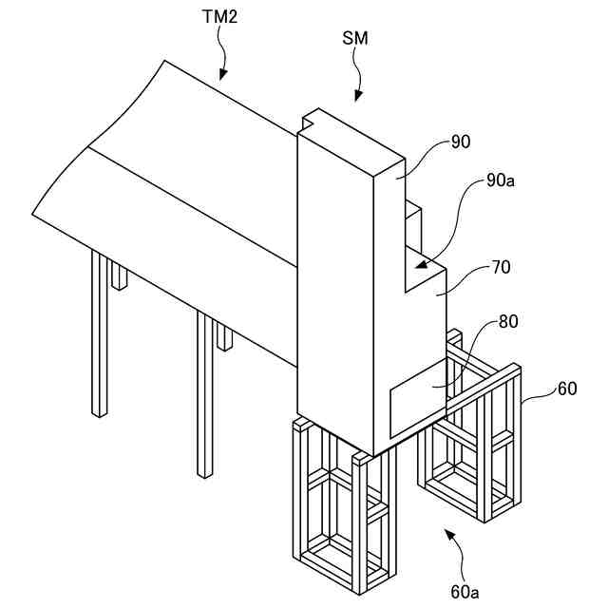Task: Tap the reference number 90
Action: pyautogui.click(x=462, y=142)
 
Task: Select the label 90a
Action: pyautogui.click(x=500, y=180)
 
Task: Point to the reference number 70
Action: pyautogui.click(x=501, y=267)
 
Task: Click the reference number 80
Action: pyautogui.click(x=508, y=321)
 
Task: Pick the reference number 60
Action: pyautogui.click(x=566, y=389)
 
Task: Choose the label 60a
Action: pyautogui.click(x=465, y=591)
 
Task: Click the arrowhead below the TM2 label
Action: pyautogui.click(x=223, y=73)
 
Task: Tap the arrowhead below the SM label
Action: pyautogui.click(x=358, y=96)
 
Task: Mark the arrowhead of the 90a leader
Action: pyautogui.click(x=419, y=258)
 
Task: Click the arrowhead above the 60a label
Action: pyautogui.click(x=449, y=537)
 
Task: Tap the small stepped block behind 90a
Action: pyautogui.click(x=413, y=223)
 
